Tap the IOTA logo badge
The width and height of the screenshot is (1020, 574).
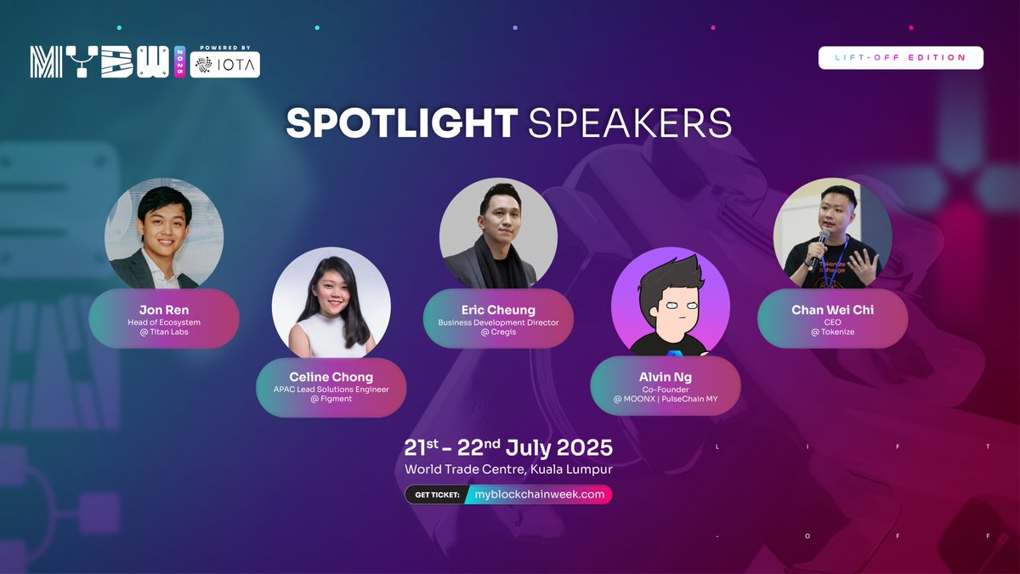(x=224, y=65)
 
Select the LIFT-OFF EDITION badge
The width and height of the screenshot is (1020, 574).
(x=900, y=58)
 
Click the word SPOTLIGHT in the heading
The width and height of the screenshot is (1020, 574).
(x=401, y=123)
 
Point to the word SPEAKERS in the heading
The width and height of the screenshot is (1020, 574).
(x=630, y=123)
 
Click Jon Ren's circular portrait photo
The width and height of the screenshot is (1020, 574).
(x=163, y=233)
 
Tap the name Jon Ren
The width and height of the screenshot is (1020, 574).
(x=163, y=310)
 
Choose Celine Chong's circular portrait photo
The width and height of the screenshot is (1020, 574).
(x=331, y=307)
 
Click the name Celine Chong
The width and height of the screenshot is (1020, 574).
(x=331, y=377)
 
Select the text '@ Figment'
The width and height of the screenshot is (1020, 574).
(x=331, y=398)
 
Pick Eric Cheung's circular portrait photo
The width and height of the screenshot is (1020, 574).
(x=498, y=233)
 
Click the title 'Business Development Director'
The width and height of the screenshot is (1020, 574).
(x=498, y=322)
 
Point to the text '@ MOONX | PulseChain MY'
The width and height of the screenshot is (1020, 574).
(x=665, y=398)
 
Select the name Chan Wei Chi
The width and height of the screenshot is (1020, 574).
(x=832, y=310)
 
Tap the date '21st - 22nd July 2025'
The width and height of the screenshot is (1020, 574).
(x=508, y=447)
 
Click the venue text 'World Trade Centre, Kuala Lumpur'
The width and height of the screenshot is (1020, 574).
(x=508, y=469)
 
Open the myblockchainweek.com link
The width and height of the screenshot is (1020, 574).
(x=539, y=494)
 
